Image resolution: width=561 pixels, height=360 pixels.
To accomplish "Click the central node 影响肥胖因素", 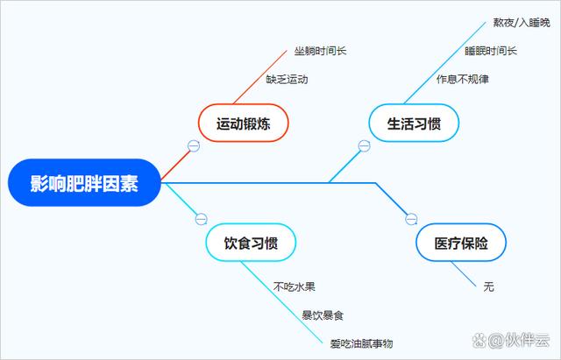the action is point(84,183).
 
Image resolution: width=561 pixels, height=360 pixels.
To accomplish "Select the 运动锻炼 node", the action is point(244,123).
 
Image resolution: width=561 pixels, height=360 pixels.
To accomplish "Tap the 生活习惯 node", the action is point(414,123).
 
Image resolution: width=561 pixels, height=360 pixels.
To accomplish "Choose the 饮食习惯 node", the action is point(251,243).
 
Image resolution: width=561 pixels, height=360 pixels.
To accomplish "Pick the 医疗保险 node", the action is point(461,243).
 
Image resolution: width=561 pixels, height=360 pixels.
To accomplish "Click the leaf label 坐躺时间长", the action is point(320,51).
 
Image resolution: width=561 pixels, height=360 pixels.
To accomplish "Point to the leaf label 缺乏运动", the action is point(287,79).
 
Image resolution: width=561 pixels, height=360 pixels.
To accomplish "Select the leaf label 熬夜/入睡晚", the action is point(522,23).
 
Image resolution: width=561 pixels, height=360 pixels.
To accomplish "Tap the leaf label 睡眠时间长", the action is point(491,51).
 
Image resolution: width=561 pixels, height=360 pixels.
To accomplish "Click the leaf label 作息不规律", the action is point(463,79).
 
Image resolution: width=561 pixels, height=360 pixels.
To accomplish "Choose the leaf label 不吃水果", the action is point(295,286).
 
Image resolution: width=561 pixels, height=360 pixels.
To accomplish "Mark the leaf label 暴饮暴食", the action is point(323,315).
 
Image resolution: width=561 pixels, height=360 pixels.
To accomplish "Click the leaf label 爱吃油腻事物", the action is point(361,343).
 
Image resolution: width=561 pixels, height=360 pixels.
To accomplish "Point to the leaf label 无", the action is point(489,286).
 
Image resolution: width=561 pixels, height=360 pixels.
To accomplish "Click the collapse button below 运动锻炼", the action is point(194,145).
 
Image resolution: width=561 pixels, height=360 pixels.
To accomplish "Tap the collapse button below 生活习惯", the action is point(365,145).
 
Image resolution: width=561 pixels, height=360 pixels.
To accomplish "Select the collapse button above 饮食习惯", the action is point(201,219).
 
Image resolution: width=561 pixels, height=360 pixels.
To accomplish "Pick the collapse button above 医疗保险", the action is point(411,219).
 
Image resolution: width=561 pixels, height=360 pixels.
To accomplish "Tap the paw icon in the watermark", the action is point(479,341).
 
